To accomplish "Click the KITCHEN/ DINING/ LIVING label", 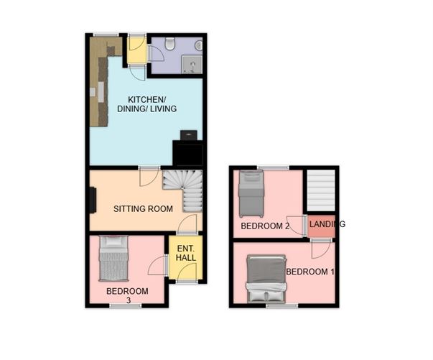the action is coord(147,104).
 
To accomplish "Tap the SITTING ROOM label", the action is coord(143,208).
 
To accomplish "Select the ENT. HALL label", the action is coord(185,253).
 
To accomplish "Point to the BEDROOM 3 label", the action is coord(127,295).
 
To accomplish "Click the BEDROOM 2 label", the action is coord(265,226).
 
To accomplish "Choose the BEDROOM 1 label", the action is coord(310,272).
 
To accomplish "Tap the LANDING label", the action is coord(327,224).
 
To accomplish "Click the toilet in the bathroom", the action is coord(169,44).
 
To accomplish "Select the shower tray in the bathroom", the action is coord(192,65).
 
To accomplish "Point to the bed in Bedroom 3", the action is coord(113,259).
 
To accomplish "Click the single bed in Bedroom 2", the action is coord(251,194).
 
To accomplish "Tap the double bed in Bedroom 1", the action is coord(266,279).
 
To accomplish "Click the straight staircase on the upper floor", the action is coord(321,190).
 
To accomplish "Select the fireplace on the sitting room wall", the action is coord(93,200).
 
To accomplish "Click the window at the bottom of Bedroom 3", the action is coord(126,305).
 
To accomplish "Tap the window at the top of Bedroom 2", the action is coord(273,167).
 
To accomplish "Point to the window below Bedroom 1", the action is coord(282,305).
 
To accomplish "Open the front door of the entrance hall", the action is coord(187,282).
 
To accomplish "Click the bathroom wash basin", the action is coord(199,45).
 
